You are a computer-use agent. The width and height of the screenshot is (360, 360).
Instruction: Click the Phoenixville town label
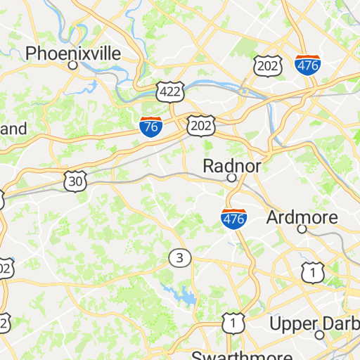(x=73, y=53)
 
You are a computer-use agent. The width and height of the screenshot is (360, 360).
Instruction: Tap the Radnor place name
(x=232, y=166)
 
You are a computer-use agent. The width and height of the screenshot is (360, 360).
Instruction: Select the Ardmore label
(x=302, y=217)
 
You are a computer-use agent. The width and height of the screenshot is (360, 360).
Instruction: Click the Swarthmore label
(x=226, y=354)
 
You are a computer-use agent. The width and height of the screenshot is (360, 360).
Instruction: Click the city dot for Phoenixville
(x=72, y=65)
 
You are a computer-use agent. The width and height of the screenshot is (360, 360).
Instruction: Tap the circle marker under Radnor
(x=231, y=179)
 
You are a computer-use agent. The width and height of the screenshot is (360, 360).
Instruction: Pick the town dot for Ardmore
(x=302, y=229)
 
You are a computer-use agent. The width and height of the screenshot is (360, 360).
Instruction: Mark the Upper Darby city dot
(x=319, y=335)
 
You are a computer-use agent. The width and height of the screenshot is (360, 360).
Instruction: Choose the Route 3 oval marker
(x=180, y=258)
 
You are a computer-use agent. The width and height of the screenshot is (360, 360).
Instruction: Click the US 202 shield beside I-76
(x=200, y=125)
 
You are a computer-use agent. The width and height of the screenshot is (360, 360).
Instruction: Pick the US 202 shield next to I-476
(x=269, y=65)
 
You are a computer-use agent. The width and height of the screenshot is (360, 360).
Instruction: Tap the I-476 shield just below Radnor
(x=234, y=219)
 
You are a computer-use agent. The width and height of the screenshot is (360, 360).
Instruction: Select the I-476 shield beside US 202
(x=308, y=65)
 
